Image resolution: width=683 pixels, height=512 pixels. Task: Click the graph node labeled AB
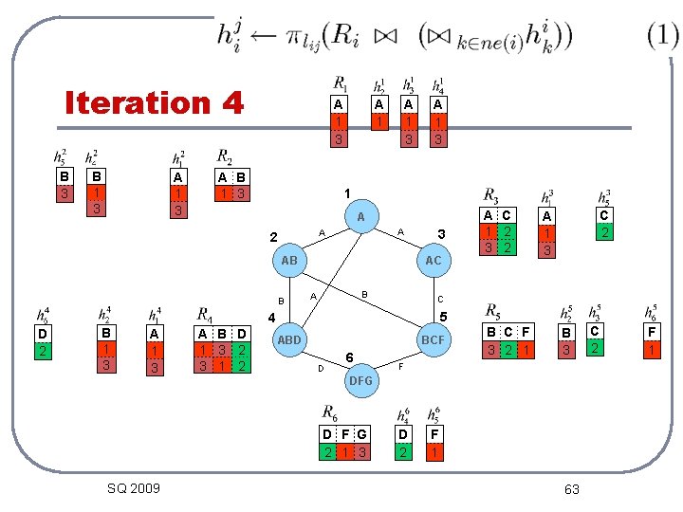tap(290, 260)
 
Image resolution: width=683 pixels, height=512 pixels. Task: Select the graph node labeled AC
tap(434, 260)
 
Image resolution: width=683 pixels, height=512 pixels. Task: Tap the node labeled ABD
tap(289, 339)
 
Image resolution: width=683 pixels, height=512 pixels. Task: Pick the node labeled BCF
tap(434, 339)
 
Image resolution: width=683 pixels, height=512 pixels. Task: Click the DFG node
tap(361, 379)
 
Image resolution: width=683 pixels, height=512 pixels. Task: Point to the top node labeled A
tap(361, 218)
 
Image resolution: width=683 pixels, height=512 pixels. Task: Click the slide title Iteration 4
tap(154, 101)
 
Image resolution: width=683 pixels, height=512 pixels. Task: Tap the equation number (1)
tap(662, 36)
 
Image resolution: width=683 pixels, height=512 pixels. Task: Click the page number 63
tap(571, 489)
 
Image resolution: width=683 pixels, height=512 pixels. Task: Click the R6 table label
tap(329, 412)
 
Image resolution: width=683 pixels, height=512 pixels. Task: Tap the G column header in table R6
tap(361, 435)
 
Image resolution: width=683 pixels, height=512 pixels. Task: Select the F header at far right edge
tap(652, 333)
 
